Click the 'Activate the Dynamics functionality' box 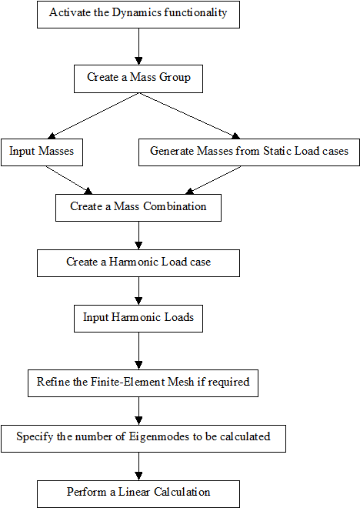coord(138,15)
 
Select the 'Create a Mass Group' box coord(138,79)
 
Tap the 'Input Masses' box coord(42,152)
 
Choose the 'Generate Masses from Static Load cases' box coord(249,152)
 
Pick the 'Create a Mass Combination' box coord(138,208)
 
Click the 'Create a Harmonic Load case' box coord(138,263)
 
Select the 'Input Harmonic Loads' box coord(138,319)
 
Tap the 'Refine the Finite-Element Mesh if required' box coord(143,383)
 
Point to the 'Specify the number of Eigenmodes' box coord(143,439)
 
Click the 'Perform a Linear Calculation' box coord(138,494)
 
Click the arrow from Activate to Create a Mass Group coord(138,46)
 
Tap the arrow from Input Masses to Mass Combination coord(69,180)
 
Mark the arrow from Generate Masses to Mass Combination coord(213,180)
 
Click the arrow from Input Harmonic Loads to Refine coord(138,351)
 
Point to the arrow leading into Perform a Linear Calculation coord(138,466)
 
